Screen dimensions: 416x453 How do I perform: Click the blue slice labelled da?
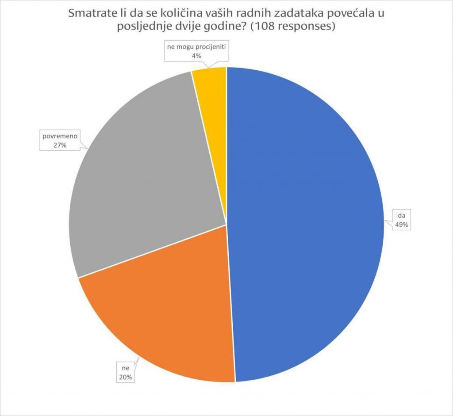[305, 221]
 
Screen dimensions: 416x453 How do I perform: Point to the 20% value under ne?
[125, 377]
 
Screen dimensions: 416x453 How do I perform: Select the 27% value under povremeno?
[60, 145]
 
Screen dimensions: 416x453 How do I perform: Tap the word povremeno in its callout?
[60, 136]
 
